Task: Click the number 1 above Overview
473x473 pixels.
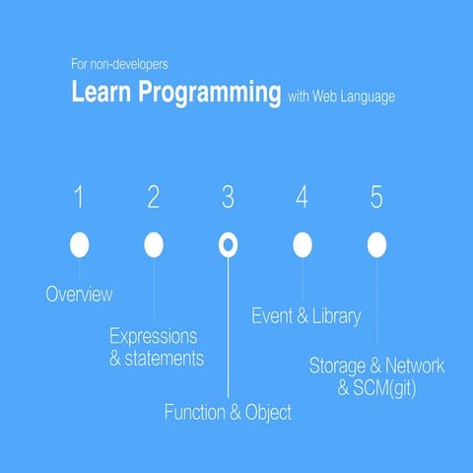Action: pyautogui.click(x=79, y=198)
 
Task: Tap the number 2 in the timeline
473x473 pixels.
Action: pyautogui.click(x=153, y=198)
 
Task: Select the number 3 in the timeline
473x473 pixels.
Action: pyautogui.click(x=228, y=198)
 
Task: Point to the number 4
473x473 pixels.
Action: pyautogui.click(x=302, y=198)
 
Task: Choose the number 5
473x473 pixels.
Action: pyautogui.click(x=376, y=198)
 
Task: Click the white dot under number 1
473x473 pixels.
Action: pyautogui.click(x=80, y=244)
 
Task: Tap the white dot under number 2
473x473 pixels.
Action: pyautogui.click(x=154, y=244)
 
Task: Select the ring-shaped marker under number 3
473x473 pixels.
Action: pyautogui.click(x=228, y=244)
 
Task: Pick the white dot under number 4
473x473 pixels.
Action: pyautogui.click(x=303, y=244)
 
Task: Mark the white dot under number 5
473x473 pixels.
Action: pyautogui.click(x=376, y=244)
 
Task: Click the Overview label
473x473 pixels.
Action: pyautogui.click(x=79, y=295)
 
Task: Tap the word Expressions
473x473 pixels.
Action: pyautogui.click(x=153, y=335)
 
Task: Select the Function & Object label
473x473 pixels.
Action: pyautogui.click(x=228, y=413)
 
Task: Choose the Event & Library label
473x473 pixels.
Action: pyautogui.click(x=305, y=316)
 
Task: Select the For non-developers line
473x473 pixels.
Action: pyautogui.click(x=119, y=65)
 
